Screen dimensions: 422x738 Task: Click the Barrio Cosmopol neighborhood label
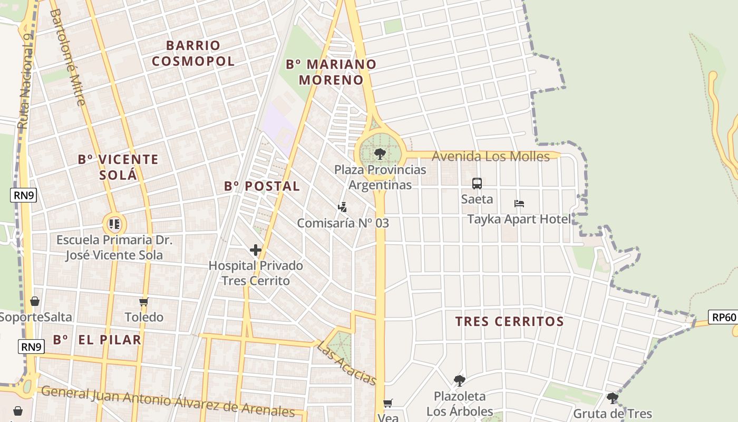[193, 53]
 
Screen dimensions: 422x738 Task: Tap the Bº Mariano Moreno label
[331, 72]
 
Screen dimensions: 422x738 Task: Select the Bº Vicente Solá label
[118, 167]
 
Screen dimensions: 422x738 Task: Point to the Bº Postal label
[261, 186]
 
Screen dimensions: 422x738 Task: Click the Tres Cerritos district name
[509, 321]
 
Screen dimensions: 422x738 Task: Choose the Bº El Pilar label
[97, 340]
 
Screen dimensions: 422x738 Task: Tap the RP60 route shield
[723, 317]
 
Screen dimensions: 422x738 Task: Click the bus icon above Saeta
[477, 184]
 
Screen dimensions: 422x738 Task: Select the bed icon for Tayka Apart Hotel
[519, 204]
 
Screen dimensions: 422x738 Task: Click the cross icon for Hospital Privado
[256, 250]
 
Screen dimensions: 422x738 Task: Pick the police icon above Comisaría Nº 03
[342, 207]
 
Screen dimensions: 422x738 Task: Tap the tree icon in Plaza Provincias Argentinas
[380, 154]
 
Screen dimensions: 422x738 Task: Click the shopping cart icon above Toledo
[144, 302]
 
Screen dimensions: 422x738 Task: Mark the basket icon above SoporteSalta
[35, 301]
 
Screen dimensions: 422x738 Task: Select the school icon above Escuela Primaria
[114, 224]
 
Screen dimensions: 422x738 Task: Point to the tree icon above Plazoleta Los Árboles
[459, 380]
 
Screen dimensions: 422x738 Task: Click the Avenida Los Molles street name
[490, 156]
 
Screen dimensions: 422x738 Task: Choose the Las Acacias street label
[346, 363]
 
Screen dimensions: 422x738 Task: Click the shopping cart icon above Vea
[388, 404]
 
